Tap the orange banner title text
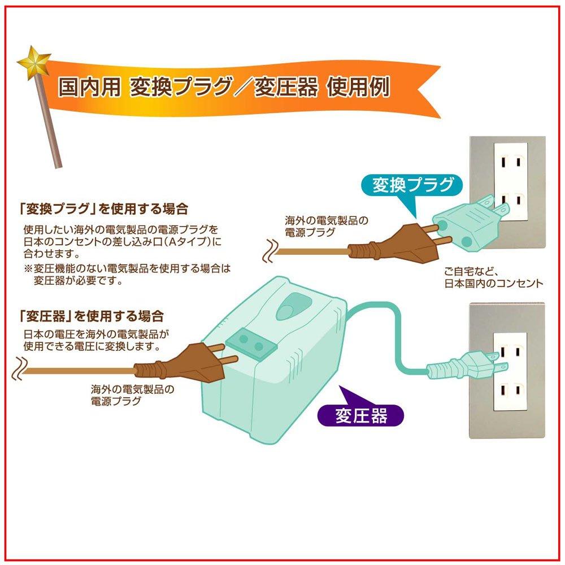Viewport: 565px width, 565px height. click(224, 87)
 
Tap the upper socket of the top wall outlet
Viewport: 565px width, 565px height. click(510, 160)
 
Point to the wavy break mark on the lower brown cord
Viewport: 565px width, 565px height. click(21, 366)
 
